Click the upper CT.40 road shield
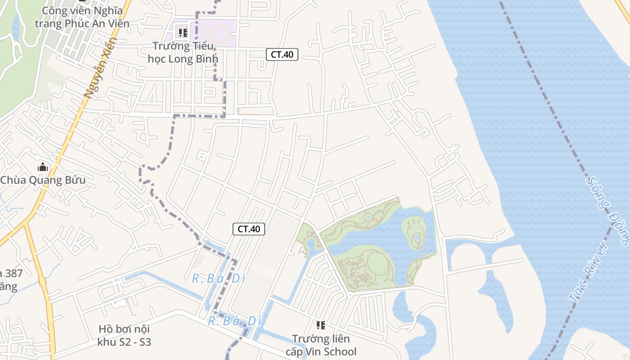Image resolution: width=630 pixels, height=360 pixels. point(282,55)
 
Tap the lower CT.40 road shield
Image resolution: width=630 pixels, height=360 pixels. point(249,229)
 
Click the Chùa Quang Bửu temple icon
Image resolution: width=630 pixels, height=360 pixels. point(43,167)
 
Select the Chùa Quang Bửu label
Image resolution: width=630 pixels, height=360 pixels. point(43,180)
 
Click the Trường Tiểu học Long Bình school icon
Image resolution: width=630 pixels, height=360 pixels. point(183,32)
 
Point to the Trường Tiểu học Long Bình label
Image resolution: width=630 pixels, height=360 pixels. point(183,52)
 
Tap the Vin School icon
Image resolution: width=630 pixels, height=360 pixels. point(320,325)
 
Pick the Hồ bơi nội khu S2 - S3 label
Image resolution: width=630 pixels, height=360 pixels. point(124,335)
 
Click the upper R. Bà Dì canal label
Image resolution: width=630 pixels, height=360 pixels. point(218,279)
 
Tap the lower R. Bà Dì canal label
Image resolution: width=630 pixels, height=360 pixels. point(234,321)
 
